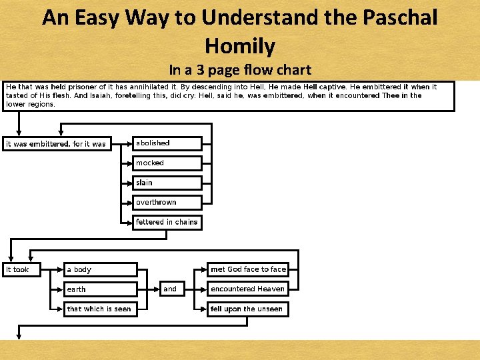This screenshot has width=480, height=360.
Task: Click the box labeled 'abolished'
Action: [167, 143]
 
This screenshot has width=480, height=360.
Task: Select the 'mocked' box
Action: [167, 163]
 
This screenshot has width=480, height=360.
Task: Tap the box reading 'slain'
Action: [167, 183]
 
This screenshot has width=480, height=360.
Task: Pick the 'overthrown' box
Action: [167, 202]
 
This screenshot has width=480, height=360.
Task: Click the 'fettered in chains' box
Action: [167, 222]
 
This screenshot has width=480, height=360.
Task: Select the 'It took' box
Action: [21, 269]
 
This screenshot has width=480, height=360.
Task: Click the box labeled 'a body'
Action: [100, 269]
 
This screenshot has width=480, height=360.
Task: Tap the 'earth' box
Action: [100, 289]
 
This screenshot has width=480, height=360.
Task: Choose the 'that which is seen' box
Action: [100, 309]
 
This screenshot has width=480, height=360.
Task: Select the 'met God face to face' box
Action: [248, 269]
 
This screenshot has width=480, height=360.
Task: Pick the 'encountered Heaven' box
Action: [248, 289]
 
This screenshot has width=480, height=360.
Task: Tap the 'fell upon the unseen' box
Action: [248, 309]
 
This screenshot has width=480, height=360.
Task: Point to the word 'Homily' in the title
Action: [240, 45]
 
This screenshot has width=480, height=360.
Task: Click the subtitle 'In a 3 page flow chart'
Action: [240, 69]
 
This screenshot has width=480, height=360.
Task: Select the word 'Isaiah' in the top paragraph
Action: [102, 95]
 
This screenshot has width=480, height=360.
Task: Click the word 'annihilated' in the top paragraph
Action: [151, 87]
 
